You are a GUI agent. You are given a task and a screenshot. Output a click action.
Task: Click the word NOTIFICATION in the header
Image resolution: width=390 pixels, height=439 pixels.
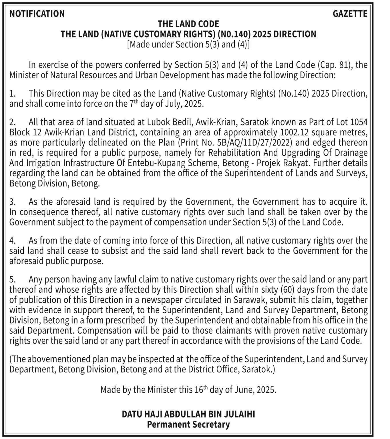pos(37,14)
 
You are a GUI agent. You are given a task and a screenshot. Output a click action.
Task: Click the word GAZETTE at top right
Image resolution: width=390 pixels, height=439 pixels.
pos(350,14)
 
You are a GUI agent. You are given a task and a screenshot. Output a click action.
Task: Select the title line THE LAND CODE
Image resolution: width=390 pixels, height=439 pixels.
pos(188,24)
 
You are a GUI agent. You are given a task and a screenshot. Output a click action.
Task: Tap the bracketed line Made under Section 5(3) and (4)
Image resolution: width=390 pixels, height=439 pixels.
pos(188,45)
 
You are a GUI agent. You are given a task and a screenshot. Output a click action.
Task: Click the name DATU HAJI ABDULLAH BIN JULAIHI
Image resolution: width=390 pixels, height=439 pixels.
pos(188,414)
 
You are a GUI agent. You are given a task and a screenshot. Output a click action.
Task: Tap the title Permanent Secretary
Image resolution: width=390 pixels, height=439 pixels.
pos(188,424)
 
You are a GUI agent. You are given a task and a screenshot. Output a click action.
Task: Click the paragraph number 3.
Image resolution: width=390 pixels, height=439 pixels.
pos(12,202)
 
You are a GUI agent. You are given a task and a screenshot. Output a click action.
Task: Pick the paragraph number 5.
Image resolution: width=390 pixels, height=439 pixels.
pos(12,280)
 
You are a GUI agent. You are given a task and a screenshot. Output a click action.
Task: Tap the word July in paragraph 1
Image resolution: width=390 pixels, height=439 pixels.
pos(173,104)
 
